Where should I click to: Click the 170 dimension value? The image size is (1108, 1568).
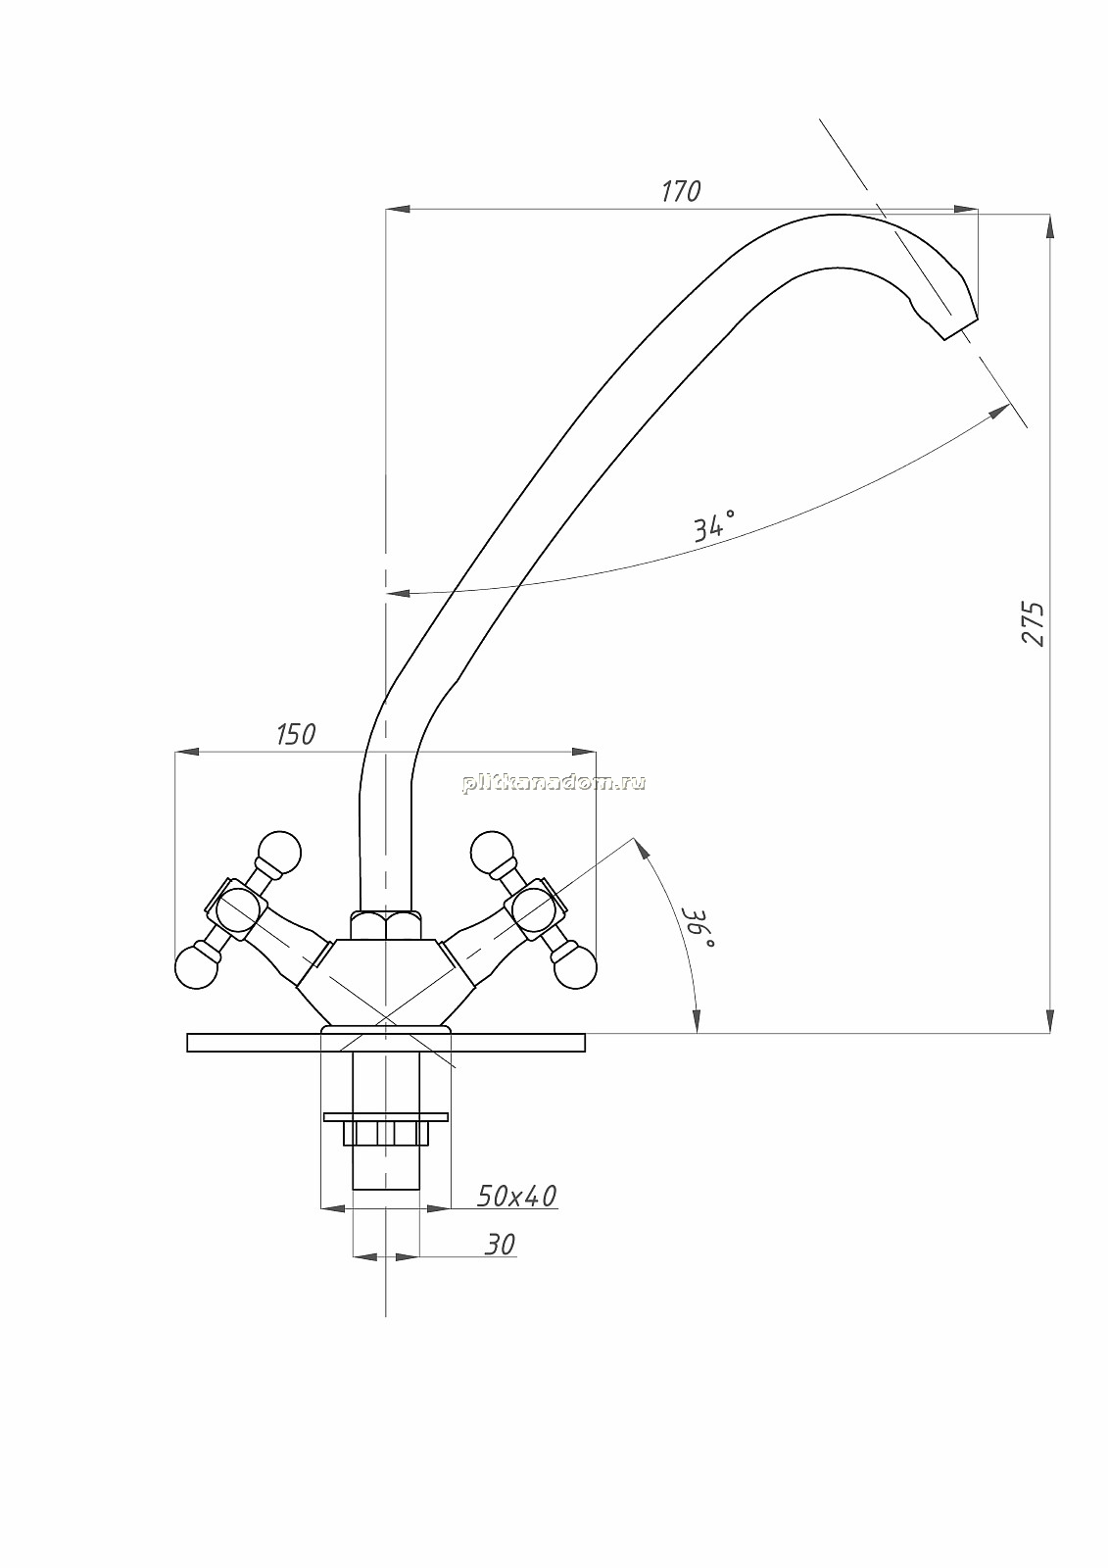(x=681, y=191)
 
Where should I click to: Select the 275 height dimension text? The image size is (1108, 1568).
(x=1033, y=623)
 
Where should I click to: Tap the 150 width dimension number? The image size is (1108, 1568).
(x=296, y=734)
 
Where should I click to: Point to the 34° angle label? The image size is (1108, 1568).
(x=714, y=525)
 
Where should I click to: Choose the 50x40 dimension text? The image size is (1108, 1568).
(x=516, y=1197)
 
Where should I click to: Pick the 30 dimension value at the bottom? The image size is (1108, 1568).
(x=500, y=1245)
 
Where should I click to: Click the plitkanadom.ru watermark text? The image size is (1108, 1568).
(x=554, y=783)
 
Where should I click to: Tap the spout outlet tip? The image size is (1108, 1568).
(x=960, y=330)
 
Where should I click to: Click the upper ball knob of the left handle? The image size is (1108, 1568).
(x=279, y=853)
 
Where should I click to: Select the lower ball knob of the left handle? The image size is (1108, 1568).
(x=197, y=967)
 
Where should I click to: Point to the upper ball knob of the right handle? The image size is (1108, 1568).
(x=493, y=853)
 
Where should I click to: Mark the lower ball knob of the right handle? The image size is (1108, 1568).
(x=575, y=966)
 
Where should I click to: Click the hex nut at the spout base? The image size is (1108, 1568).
(x=386, y=924)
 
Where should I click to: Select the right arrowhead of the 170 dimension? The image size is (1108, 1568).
(x=966, y=209)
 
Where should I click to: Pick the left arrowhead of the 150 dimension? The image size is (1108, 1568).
(x=186, y=752)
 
